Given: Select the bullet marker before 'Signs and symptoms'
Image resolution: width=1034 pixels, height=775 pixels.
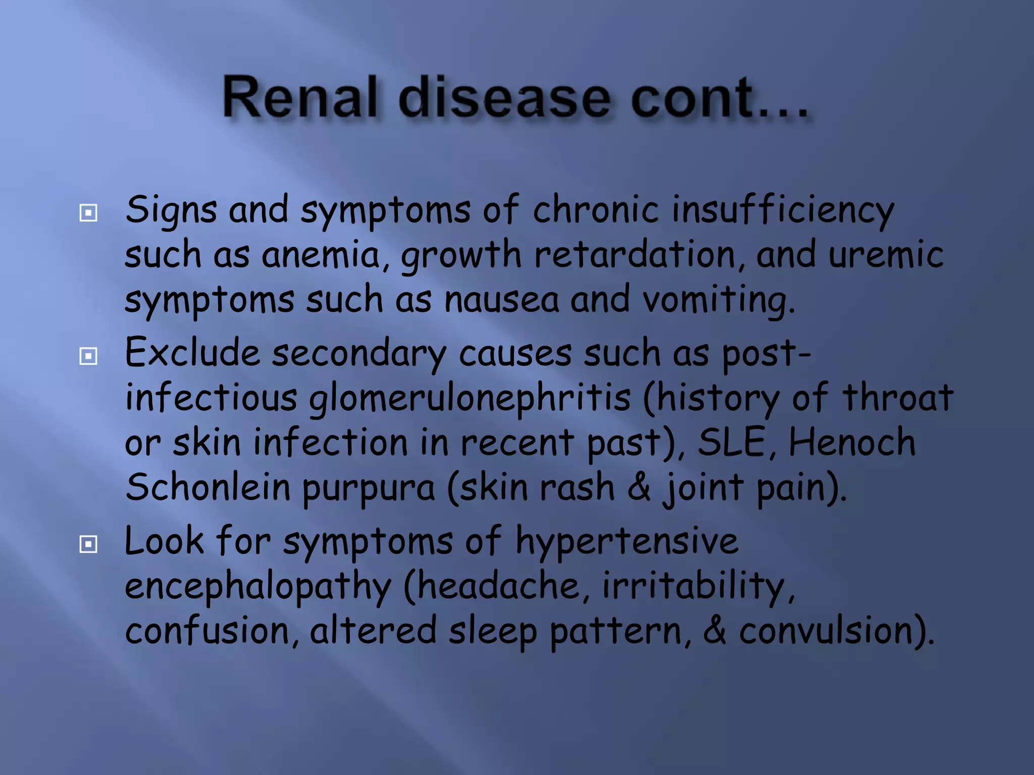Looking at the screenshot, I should click(88, 213).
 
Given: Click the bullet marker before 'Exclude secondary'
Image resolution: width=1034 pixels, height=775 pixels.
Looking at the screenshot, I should click(88, 356).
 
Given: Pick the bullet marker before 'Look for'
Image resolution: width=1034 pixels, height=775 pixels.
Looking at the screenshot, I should click(88, 544).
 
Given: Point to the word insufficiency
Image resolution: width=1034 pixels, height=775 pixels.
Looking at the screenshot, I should click(782, 211).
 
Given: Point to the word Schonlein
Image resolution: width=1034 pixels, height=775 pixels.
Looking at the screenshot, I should click(207, 487).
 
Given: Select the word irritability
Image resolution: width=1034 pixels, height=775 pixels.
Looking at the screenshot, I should click(697, 586).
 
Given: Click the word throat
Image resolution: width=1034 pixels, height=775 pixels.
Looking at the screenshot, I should click(897, 398).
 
